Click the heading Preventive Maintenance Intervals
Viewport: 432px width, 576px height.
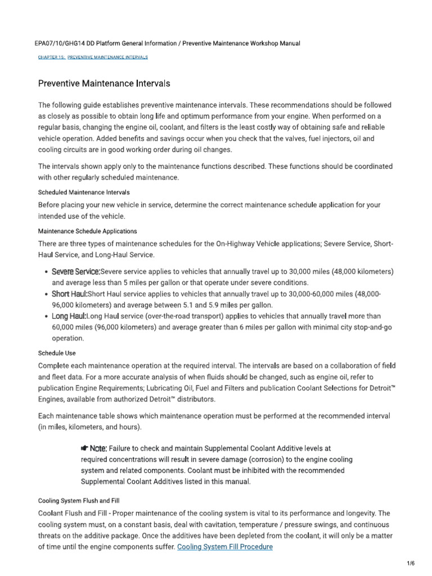click(104, 84)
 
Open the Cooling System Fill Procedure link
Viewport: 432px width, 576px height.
click(224, 546)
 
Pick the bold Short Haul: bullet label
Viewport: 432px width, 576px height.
click(69, 294)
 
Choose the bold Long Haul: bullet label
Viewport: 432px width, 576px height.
click(69, 316)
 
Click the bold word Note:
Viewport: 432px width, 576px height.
click(98, 448)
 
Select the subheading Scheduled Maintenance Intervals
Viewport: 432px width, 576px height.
click(84, 192)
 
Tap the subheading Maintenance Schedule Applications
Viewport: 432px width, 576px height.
click(87, 231)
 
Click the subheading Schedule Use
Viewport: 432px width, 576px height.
click(56, 353)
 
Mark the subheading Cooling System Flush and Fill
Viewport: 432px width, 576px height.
click(78, 500)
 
